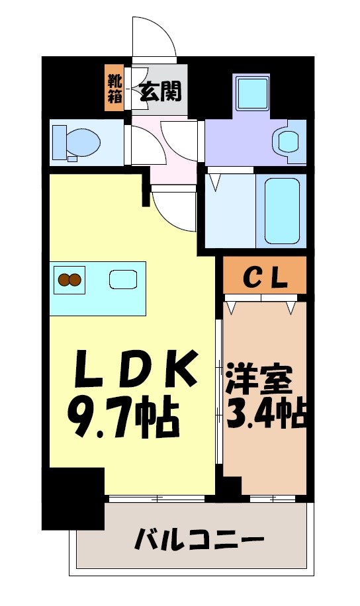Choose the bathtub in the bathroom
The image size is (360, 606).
coord(284,210)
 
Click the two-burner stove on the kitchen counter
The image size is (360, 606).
coord(70,279)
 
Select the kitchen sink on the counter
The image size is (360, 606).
coord(122,279)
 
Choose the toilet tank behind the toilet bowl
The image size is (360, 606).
coord(58,141)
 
